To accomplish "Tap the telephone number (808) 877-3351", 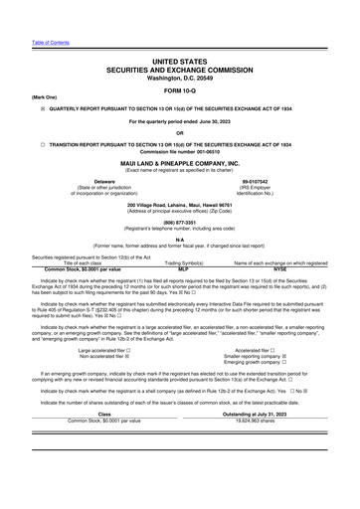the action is (x=179, y=223).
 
